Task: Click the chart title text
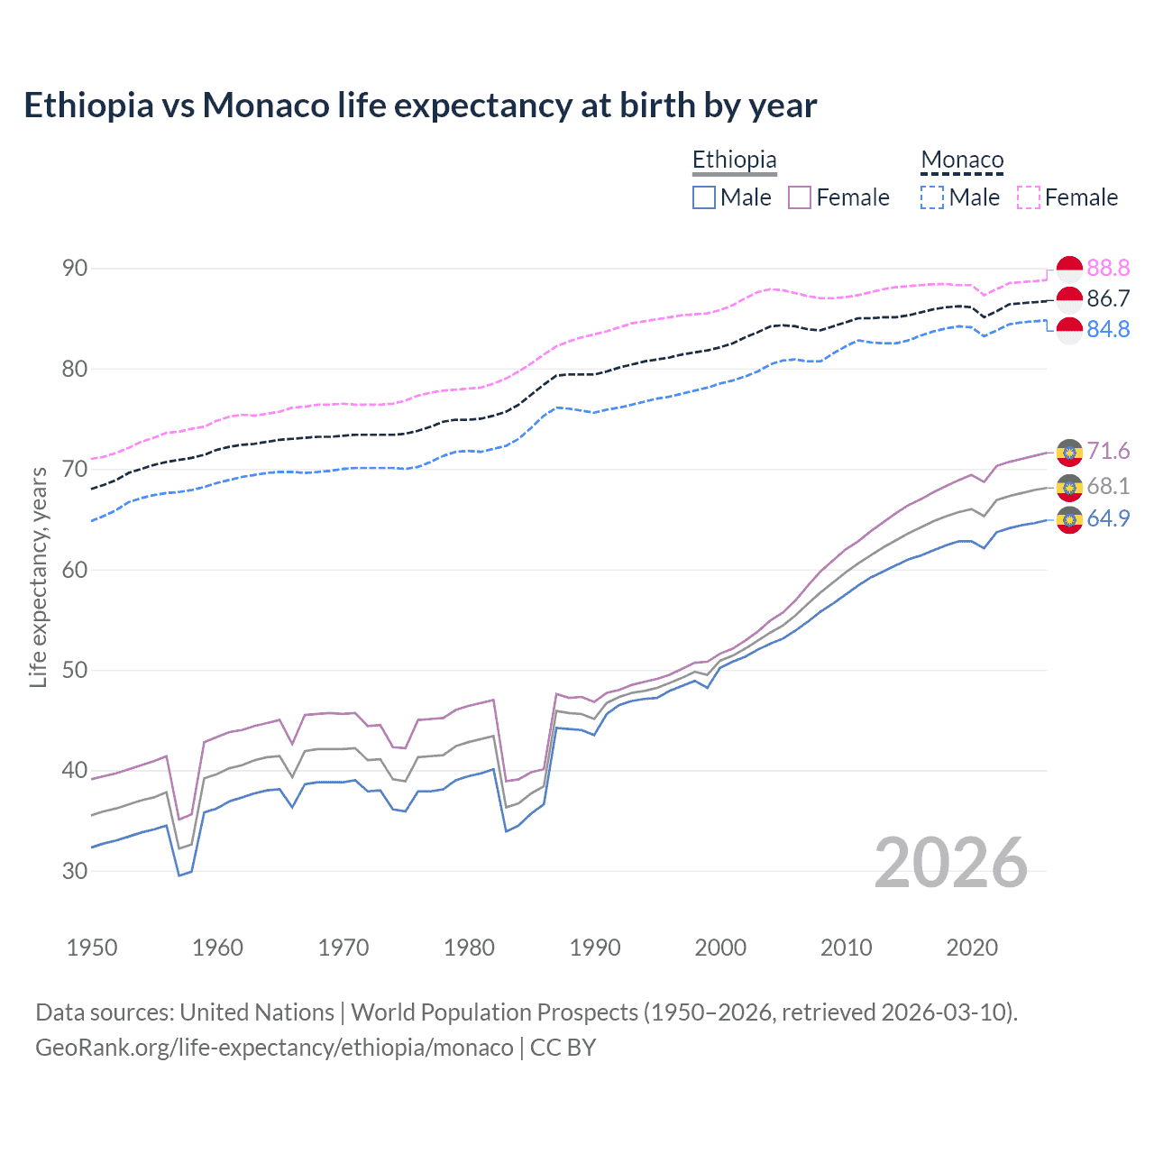pyautogui.click(x=420, y=105)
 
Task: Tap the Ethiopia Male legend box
pyautogui.click(x=704, y=197)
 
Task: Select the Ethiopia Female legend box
pyautogui.click(x=800, y=197)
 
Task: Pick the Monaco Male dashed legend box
pyautogui.click(x=932, y=197)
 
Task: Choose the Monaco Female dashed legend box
pyautogui.click(x=1029, y=197)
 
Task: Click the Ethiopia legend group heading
pyautogui.click(x=734, y=160)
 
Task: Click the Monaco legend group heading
pyautogui.click(x=962, y=160)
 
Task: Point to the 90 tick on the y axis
pyautogui.click(x=75, y=269)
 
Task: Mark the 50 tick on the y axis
pyautogui.click(x=75, y=670)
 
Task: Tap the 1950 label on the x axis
pyautogui.click(x=92, y=948)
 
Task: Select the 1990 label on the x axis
pyautogui.click(x=595, y=948)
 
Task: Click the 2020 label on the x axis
pyautogui.click(x=972, y=948)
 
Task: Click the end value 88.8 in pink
pyautogui.click(x=1108, y=268)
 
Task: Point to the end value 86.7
pyautogui.click(x=1108, y=298)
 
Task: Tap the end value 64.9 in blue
pyautogui.click(x=1108, y=518)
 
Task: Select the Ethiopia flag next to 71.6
pyautogui.click(x=1069, y=452)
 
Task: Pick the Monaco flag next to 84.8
pyautogui.click(x=1069, y=330)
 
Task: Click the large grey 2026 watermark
pyautogui.click(x=951, y=863)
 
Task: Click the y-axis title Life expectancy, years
pyautogui.click(x=38, y=577)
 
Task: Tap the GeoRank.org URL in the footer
pyautogui.click(x=274, y=1048)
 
